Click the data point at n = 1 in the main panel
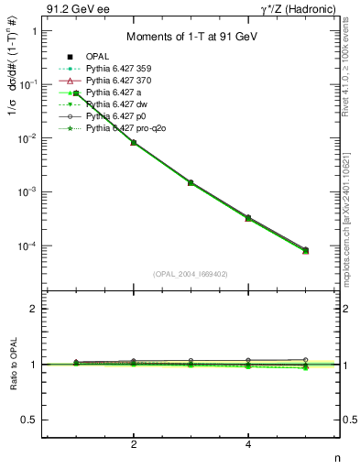coord(77,93)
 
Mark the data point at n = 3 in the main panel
coord(191,182)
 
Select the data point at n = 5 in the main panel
coord(306,250)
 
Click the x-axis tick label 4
coord(248,445)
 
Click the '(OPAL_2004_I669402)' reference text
coord(191,273)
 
